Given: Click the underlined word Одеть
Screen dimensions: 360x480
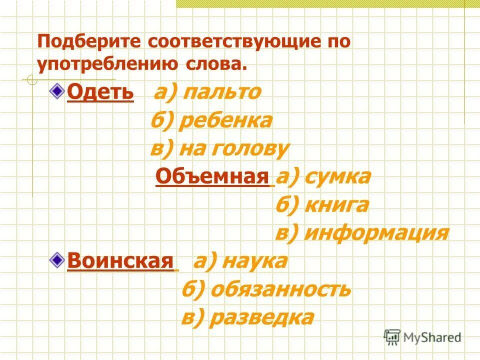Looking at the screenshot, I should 100,92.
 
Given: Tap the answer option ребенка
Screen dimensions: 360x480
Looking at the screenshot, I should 226,121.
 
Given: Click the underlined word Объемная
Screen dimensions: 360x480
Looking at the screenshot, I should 212,176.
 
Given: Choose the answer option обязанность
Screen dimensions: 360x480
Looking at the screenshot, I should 280,289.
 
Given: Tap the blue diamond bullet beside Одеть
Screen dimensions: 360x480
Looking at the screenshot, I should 58,90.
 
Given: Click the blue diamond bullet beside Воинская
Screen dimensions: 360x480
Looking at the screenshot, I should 58,259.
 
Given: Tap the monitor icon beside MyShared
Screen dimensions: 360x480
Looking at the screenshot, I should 392,337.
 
